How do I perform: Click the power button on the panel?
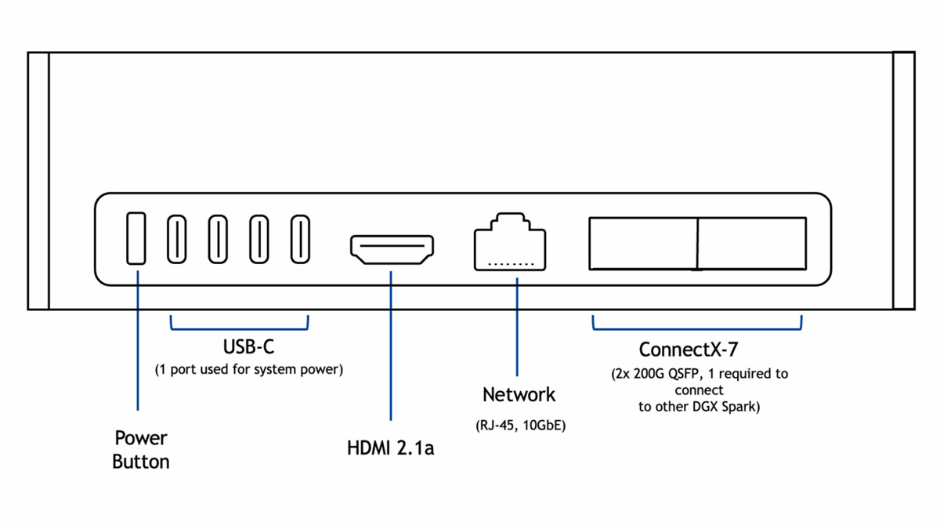click(136, 238)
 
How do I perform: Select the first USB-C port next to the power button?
click(177, 238)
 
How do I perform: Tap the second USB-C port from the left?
click(218, 238)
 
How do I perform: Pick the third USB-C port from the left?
click(259, 238)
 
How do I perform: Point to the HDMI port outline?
click(392, 249)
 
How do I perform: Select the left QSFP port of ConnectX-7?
click(642, 244)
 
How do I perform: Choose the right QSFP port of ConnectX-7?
click(752, 244)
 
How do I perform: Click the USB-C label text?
click(248, 346)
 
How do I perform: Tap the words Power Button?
click(141, 449)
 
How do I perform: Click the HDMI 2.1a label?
click(390, 448)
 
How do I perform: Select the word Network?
click(519, 394)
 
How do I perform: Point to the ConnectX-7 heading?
click(688, 350)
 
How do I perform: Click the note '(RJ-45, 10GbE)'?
click(520, 426)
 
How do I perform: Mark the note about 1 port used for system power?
click(249, 368)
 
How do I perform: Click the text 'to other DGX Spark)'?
click(698, 407)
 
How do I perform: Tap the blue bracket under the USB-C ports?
click(240, 328)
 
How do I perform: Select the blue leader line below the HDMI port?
click(391, 345)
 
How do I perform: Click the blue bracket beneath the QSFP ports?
click(697, 328)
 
